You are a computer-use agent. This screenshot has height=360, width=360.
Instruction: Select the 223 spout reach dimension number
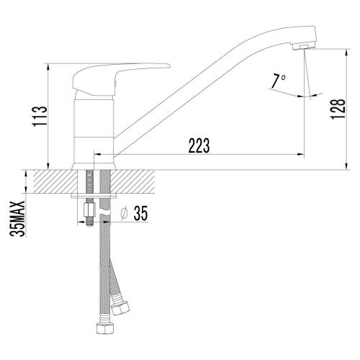197,144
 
